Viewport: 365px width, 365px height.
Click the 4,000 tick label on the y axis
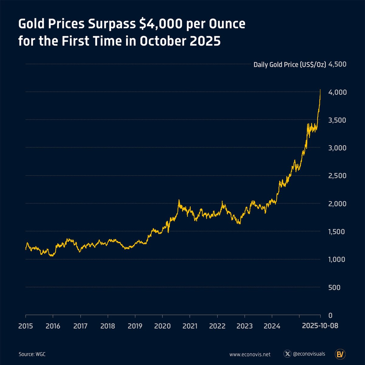click(x=338, y=92)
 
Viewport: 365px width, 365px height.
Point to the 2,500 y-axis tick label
click(x=338, y=176)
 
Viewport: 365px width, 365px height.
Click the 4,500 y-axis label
click(x=338, y=64)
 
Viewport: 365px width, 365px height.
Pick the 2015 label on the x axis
click(x=26, y=326)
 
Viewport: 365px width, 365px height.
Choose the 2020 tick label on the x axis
click(x=162, y=326)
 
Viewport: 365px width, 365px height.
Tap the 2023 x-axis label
click(x=245, y=326)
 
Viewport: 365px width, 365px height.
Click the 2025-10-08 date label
click(x=320, y=326)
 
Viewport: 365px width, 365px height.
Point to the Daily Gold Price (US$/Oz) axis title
click(x=290, y=64)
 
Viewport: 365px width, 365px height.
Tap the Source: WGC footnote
click(x=32, y=354)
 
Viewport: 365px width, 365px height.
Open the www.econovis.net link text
click(x=250, y=354)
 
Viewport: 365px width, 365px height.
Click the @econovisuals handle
click(x=309, y=354)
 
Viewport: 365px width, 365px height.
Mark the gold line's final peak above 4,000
click(x=320, y=90)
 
